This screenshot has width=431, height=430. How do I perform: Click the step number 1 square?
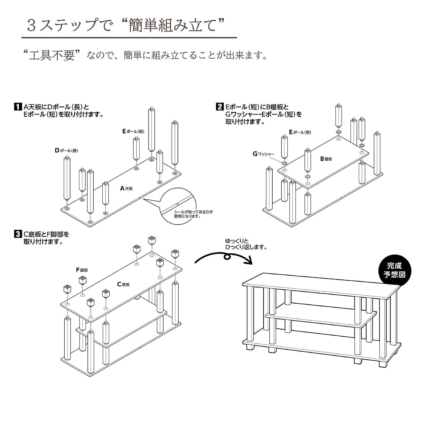click(17, 107)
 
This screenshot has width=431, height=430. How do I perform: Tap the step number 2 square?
click(220, 107)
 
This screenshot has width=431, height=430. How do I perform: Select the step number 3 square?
click(17, 234)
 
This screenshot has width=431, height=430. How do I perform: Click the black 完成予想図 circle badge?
click(394, 270)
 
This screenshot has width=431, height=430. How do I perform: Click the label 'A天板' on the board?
click(126, 189)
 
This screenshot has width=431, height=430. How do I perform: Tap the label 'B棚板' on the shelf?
click(326, 159)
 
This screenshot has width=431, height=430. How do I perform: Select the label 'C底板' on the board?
click(123, 284)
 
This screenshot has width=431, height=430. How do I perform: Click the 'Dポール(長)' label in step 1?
click(66, 151)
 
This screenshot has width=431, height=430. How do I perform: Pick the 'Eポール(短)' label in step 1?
click(133, 132)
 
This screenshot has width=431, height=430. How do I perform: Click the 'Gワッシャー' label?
click(263, 154)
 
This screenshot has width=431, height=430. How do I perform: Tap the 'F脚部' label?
click(82, 270)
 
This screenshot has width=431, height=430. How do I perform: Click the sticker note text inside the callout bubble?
click(193, 214)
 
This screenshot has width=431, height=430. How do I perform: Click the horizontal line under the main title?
click(129, 37)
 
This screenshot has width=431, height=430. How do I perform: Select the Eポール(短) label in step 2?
click(300, 132)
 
